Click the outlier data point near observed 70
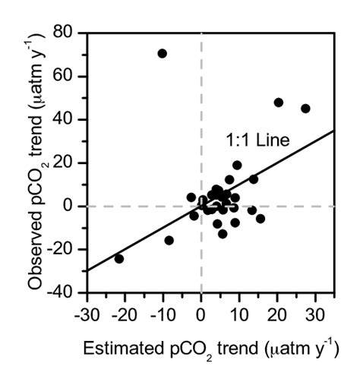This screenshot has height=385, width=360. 162,53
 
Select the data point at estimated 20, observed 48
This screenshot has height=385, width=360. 279,102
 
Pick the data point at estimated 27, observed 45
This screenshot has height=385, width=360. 305,109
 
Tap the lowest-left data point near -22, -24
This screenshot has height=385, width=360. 118,258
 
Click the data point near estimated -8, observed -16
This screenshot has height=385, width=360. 169,240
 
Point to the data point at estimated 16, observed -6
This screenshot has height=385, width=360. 261,219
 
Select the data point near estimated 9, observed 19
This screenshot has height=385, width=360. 237,165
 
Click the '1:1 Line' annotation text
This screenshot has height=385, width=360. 258,140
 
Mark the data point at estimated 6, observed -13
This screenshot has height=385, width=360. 223,234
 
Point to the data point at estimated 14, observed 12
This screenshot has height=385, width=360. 254,179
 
